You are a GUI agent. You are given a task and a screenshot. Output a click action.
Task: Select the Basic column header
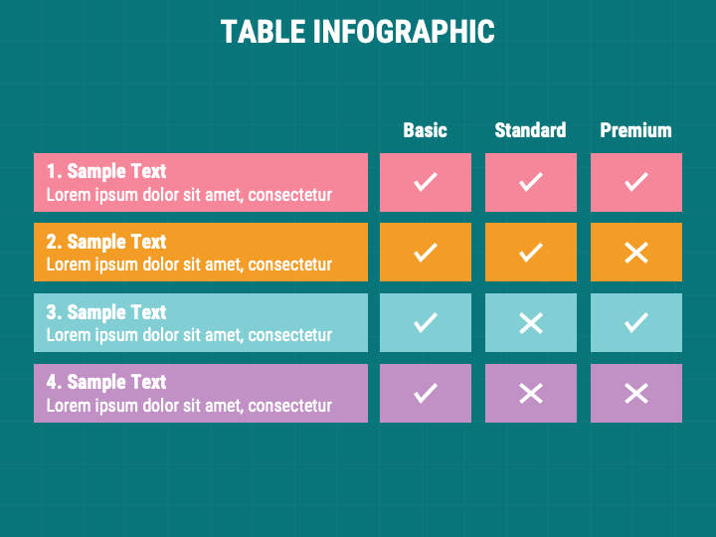(x=426, y=130)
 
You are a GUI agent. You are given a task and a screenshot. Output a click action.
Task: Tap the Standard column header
(x=531, y=130)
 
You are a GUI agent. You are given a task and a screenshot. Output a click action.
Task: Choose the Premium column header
(x=636, y=130)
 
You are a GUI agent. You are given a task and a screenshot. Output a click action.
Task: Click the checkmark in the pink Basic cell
(x=426, y=182)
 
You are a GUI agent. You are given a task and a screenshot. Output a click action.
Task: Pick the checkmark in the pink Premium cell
(x=636, y=182)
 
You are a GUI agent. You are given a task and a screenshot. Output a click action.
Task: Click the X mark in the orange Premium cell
(x=636, y=253)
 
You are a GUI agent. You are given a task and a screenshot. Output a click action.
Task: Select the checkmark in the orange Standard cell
(x=531, y=253)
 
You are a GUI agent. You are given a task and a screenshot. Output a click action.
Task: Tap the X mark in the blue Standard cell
(x=531, y=323)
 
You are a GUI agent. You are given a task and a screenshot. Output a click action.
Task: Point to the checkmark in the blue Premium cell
(x=636, y=322)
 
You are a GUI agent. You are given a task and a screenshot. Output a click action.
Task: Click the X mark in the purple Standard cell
(x=531, y=393)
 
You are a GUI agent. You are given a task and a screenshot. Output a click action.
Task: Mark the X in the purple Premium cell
(x=636, y=393)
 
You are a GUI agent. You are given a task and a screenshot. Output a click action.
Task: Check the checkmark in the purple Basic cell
(x=426, y=393)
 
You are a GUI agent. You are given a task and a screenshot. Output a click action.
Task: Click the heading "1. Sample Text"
(x=106, y=171)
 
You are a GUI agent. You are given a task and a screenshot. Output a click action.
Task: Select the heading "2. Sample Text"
(x=106, y=242)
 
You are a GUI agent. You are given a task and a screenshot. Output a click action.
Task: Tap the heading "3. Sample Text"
(x=106, y=312)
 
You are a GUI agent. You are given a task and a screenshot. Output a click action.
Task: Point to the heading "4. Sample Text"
(x=106, y=382)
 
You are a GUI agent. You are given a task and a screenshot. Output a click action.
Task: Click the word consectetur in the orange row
(x=290, y=265)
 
